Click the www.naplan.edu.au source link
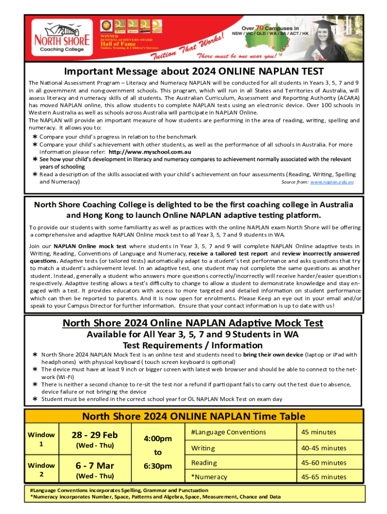click(x=332, y=182)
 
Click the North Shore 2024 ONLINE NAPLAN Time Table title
click(x=193, y=416)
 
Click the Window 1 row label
click(x=41, y=439)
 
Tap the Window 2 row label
click(x=41, y=469)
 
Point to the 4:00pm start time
click(x=157, y=438)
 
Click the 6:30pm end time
click(x=157, y=466)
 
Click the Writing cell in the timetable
click(x=203, y=448)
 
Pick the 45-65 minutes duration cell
click(x=324, y=477)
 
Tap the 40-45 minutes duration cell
click(x=324, y=448)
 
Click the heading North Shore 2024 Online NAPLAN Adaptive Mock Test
click(x=192, y=323)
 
